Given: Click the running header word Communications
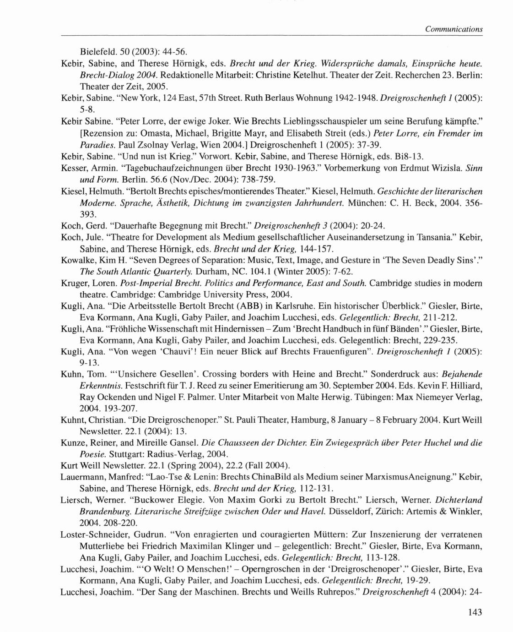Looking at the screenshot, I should point(453,29).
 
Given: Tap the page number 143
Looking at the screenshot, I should point(475,612).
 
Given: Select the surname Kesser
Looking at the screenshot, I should point(73,169).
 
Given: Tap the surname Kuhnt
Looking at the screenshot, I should point(73,420).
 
